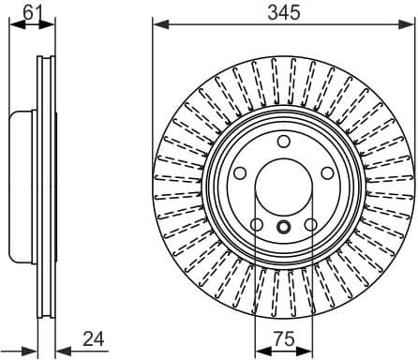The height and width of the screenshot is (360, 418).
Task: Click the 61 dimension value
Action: pyautogui.click(x=33, y=11)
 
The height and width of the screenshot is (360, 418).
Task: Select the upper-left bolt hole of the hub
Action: pyautogui.click(x=240, y=174)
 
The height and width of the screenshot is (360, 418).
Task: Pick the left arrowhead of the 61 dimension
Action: pyautogui.click(x=13, y=23)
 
